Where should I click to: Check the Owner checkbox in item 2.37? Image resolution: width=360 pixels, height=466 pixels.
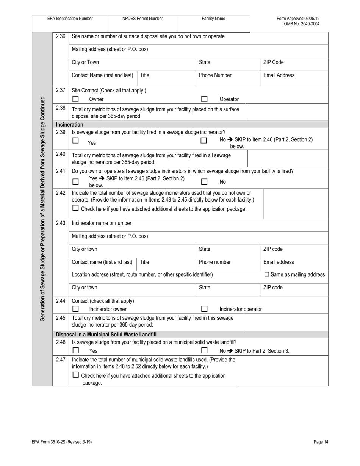click(75, 99)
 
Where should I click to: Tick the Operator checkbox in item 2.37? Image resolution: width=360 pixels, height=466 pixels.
click(204, 99)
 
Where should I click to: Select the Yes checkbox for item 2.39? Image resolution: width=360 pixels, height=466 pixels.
click(75, 141)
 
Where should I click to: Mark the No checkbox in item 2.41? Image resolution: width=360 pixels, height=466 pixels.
click(204, 181)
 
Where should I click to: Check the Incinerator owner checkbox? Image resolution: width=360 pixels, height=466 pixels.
click(75, 309)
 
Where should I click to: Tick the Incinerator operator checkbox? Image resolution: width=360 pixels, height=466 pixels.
click(204, 309)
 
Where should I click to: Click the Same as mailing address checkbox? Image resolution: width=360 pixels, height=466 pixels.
click(266, 274)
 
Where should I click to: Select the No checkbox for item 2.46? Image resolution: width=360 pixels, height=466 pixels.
click(204, 350)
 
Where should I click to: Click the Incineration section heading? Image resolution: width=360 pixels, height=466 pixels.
click(69, 124)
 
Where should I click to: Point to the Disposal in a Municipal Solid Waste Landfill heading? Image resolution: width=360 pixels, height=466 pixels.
click(106, 335)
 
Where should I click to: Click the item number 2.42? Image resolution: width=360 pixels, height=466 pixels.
click(60, 193)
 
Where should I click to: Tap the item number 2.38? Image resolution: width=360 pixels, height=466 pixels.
click(60, 108)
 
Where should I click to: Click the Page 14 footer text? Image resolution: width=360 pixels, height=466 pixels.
click(321, 442)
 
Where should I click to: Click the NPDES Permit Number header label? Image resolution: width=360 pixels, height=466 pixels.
click(142, 19)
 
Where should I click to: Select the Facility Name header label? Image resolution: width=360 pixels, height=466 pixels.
click(213, 19)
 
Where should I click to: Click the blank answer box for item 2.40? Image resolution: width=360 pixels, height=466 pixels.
click(288, 158)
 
